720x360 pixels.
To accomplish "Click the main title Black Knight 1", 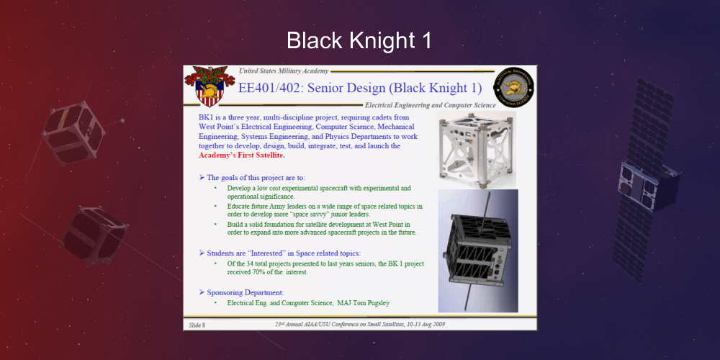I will [x=359, y=40].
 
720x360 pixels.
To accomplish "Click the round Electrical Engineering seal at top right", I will [x=513, y=88].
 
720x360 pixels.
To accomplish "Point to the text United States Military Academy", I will [x=284, y=71].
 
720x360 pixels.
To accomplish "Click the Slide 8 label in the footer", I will [x=197, y=325].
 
